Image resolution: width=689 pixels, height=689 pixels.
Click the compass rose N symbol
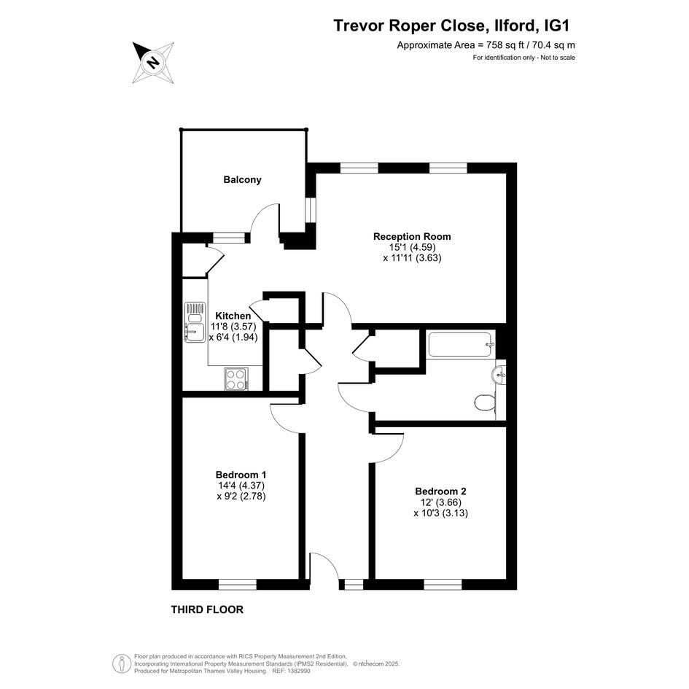153,63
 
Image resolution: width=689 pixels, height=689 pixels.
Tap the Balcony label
242,179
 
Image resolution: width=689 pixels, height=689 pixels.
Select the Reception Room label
412,236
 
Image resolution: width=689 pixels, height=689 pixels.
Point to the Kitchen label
233,316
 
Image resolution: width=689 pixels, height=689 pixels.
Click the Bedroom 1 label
241,475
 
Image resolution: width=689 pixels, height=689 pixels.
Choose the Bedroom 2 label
440,491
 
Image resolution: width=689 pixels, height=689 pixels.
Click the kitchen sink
195,322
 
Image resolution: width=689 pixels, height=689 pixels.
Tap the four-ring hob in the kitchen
237,379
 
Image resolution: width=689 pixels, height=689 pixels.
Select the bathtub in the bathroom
462,345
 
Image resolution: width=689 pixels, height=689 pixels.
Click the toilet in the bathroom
485,402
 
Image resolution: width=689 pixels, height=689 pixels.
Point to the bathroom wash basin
499,375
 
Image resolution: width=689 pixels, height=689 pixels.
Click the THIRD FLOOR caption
207,610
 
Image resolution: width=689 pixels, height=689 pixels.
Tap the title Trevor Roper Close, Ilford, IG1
451,26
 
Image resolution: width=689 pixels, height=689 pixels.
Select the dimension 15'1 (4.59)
412,247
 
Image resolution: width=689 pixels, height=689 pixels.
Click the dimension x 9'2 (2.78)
241,497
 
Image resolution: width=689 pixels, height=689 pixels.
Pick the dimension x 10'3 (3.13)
440,513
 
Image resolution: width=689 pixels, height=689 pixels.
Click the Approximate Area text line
486,44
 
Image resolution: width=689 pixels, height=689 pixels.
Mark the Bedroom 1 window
237,585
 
